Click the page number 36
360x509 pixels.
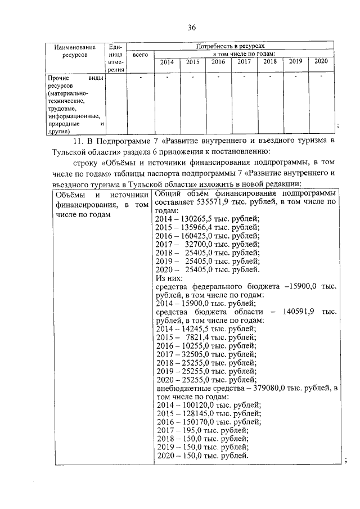tap(191, 27)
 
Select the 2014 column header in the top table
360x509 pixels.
tap(167, 62)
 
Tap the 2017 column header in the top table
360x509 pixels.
tap(244, 62)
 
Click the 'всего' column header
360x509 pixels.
tap(140, 55)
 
